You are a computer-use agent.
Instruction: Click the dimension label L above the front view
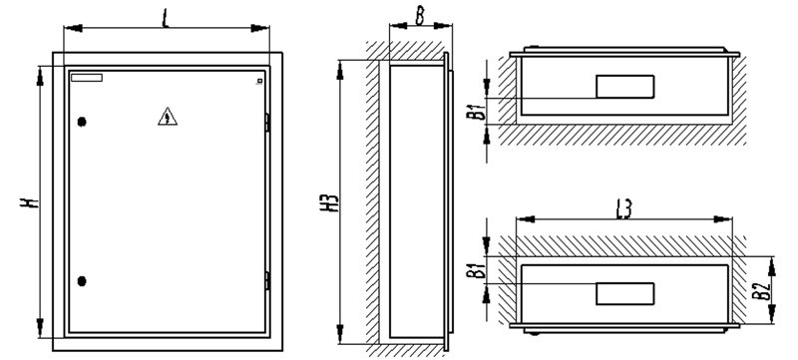pos(166,18)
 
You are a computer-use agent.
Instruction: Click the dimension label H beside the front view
pos(30,201)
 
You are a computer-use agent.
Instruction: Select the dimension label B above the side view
pos(419,15)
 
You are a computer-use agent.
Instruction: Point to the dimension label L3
pos(624,209)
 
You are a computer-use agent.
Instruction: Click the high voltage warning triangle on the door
pos(168,118)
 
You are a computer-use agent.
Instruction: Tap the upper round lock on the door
pos(82,122)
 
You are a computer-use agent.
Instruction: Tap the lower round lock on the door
pos(82,281)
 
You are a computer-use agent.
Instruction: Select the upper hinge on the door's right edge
pos(267,123)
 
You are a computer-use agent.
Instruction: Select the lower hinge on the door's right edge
pos(267,281)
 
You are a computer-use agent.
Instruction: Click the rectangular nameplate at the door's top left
pos(87,78)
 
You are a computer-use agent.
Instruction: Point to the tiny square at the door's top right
pos(259,81)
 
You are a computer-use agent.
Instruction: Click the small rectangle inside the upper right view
pos(625,87)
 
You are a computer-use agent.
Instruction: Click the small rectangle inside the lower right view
pos(625,294)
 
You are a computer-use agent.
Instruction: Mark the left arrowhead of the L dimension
pos(73,28)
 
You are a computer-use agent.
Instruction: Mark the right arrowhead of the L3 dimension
pos(722,219)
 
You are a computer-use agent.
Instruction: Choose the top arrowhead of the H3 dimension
pos(340,70)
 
